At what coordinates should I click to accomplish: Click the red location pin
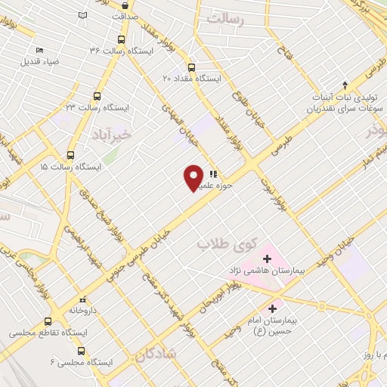(194, 177)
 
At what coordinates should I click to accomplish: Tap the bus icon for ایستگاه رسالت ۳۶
(121, 39)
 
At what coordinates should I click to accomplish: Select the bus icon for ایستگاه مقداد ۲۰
(190, 66)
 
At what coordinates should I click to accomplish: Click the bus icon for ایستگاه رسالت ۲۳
(96, 96)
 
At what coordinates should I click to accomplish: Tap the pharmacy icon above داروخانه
(83, 299)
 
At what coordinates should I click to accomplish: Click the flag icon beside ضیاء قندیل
(40, 50)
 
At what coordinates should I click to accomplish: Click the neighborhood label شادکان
(158, 354)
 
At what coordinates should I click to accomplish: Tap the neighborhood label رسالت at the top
(229, 16)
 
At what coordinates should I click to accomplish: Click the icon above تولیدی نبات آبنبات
(345, 85)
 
